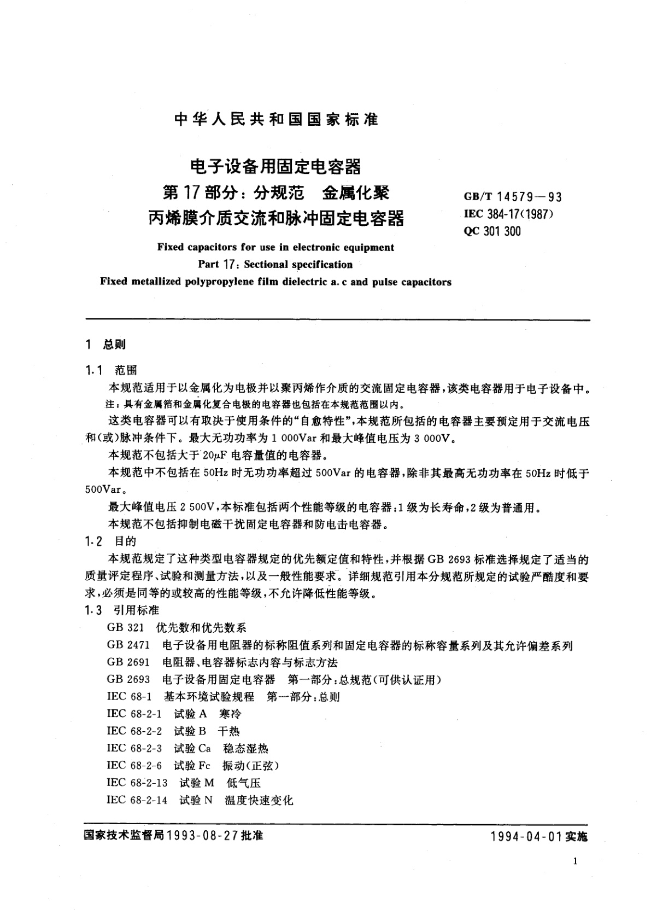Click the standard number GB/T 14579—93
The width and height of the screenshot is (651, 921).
point(512,197)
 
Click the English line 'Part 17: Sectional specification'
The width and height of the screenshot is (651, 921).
point(275,265)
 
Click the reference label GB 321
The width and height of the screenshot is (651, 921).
point(126,628)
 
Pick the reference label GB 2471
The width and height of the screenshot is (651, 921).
point(128,645)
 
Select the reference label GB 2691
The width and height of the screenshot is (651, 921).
point(128,662)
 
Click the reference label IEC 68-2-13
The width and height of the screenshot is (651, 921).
point(137,783)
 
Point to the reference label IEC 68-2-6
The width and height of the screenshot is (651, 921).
point(134,766)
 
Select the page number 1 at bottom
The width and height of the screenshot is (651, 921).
point(576,862)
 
